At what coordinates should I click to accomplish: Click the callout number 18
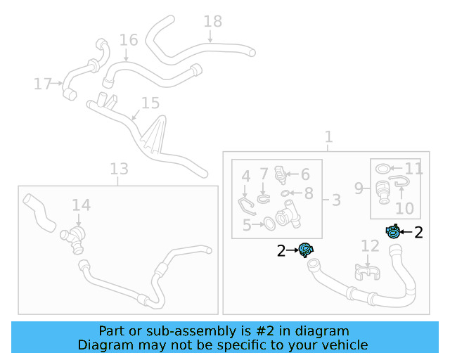click(212, 21)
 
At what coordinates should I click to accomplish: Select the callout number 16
click(129, 39)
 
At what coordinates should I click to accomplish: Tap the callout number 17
click(43, 84)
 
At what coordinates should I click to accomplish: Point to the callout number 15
click(150, 104)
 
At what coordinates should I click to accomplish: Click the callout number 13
click(119, 169)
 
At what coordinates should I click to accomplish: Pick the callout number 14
click(81, 205)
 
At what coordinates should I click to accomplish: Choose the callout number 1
click(328, 136)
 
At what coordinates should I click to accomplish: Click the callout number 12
click(370, 245)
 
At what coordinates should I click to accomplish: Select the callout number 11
click(413, 169)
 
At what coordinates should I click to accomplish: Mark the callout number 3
click(335, 200)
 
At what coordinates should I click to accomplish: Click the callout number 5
click(247, 225)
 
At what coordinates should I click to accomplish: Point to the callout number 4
click(246, 176)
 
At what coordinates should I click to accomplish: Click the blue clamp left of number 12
click(306, 249)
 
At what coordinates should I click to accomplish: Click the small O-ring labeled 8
click(284, 193)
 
